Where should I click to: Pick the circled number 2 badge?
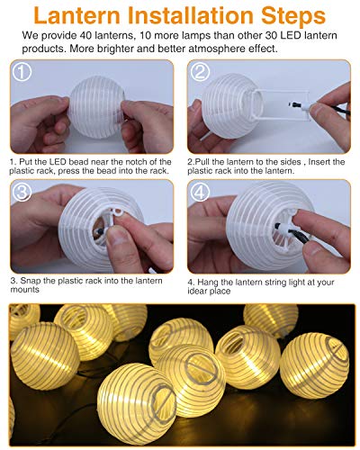(x=200, y=73)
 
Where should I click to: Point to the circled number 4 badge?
(x=200, y=191)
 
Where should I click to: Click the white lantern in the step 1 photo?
(x=90, y=108)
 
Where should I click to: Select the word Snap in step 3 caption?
(x=31, y=280)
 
